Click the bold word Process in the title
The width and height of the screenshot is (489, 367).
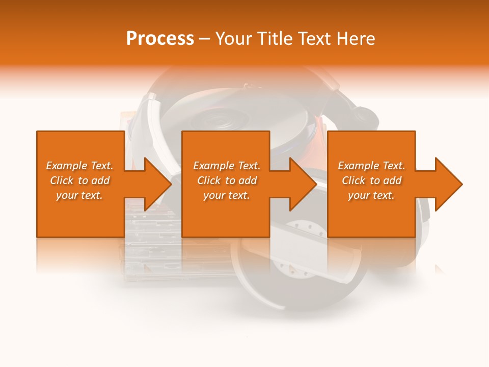pos(160,39)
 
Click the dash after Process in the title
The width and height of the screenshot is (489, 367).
pos(204,39)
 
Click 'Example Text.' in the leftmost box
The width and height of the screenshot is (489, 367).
pos(79,166)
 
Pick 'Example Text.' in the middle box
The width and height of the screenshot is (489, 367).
pos(227,166)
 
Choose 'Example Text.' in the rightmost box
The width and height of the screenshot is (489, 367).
pos(371,166)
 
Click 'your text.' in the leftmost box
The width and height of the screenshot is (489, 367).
pos(79,195)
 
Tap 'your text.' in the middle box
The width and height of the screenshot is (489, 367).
pos(227,195)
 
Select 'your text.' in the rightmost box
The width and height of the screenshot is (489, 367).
pos(371,195)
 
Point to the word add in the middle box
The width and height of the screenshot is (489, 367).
pos(247,180)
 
